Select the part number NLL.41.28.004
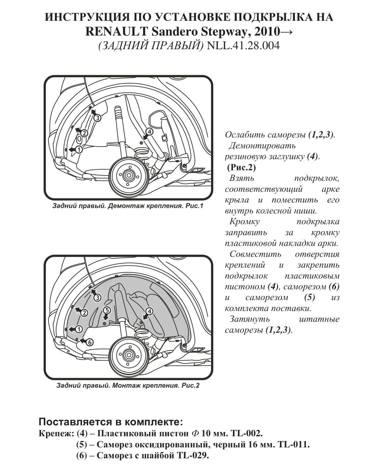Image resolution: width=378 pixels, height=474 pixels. point(243,46)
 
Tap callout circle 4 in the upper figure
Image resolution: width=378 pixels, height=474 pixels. point(149,132)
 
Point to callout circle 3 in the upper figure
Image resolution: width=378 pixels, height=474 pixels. point(97,117)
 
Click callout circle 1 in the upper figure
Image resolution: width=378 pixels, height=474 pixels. point(79,149)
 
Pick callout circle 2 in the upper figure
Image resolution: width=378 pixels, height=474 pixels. point(84,133)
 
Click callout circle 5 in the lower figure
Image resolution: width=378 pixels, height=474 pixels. point(107,310)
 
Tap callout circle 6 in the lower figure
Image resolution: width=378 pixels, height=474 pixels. point(90,342)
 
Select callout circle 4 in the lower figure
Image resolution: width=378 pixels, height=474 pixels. point(149,311)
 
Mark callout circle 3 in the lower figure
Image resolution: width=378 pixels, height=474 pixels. point(97,298)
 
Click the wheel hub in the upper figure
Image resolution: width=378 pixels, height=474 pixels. point(128,175)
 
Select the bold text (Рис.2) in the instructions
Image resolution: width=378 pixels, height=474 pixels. point(241,167)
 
